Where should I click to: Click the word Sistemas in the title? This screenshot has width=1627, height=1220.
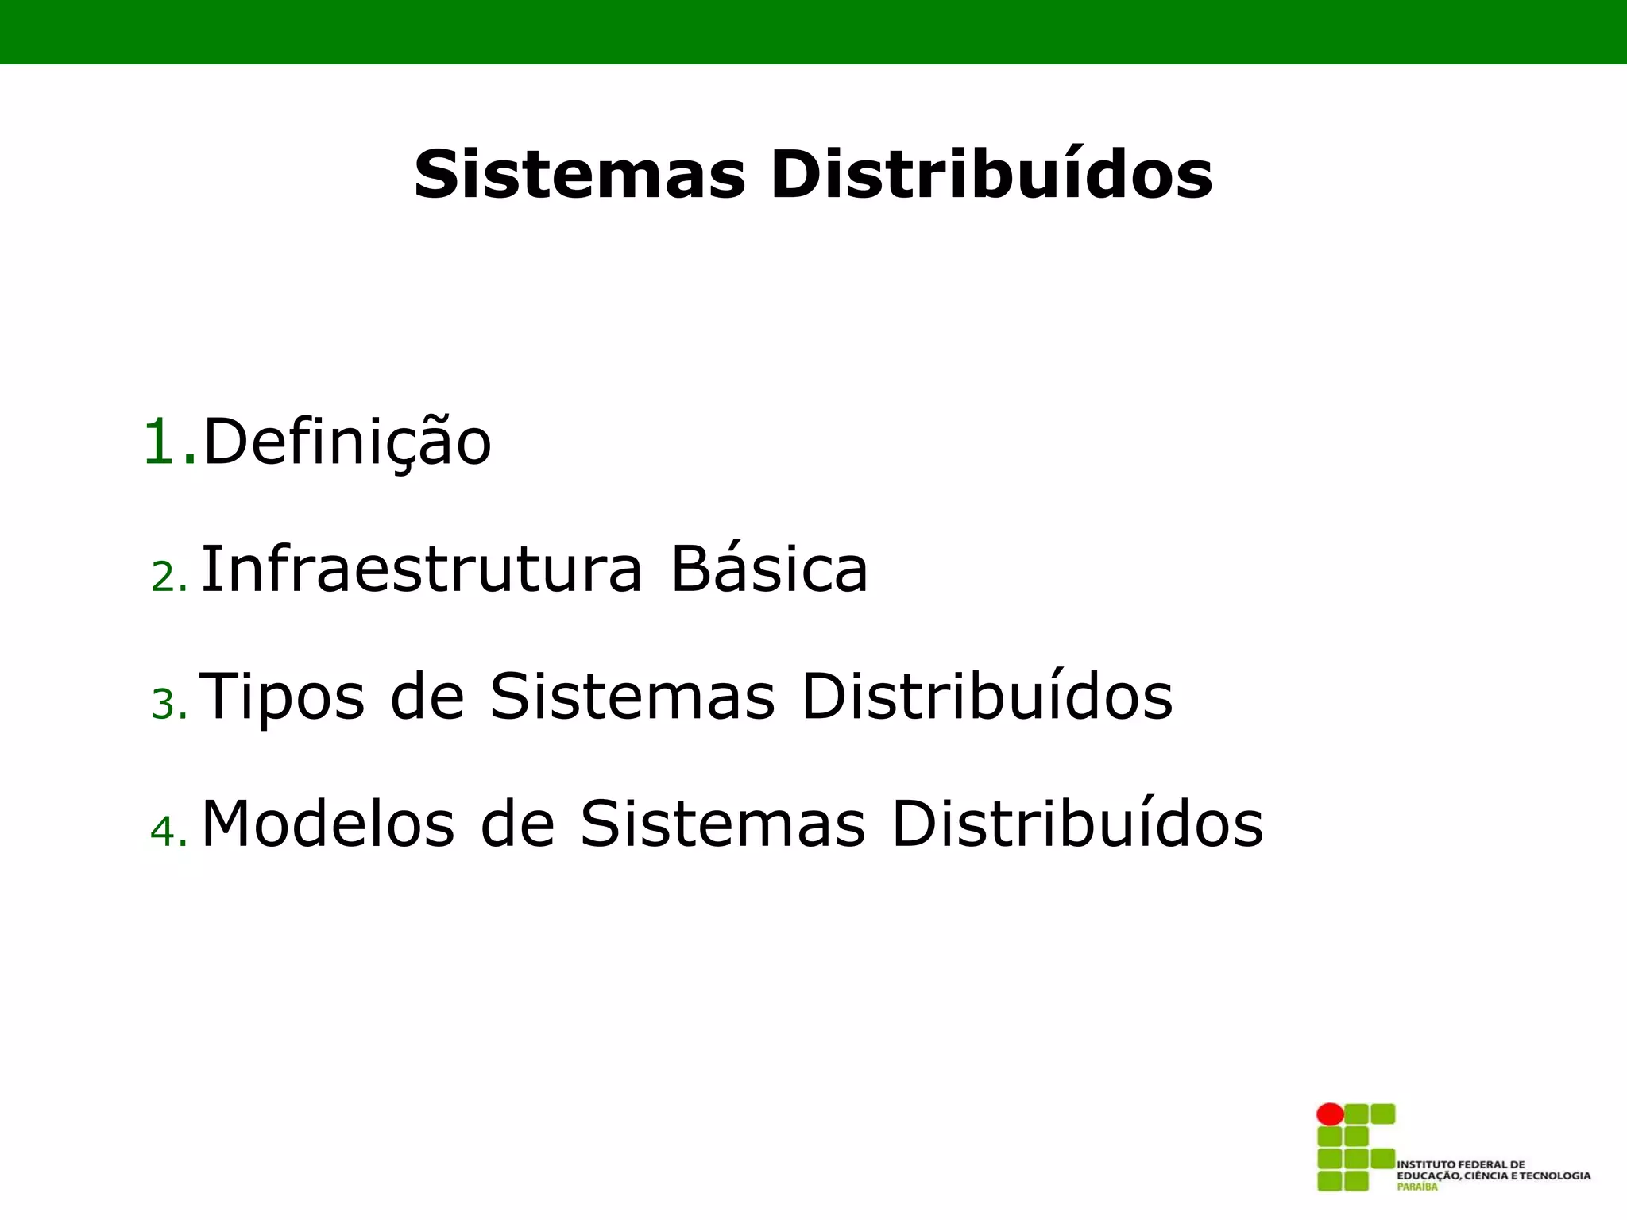coord(580,174)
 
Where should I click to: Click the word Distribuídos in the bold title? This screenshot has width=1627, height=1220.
coord(991,174)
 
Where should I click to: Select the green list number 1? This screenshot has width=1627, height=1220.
coord(168,442)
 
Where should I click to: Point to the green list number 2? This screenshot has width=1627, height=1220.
coord(168,577)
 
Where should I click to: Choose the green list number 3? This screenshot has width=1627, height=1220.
coord(168,705)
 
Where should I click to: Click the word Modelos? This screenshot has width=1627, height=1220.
coord(328,824)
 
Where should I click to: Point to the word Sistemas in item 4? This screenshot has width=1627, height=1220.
coord(723,824)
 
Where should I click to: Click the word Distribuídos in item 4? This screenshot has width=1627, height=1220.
coord(1077,824)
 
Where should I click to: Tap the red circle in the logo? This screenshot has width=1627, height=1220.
coord(1330,1114)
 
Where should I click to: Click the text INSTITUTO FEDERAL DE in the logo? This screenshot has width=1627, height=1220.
coord(1461,1164)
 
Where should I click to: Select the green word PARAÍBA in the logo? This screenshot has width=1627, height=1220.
coord(1417,1187)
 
